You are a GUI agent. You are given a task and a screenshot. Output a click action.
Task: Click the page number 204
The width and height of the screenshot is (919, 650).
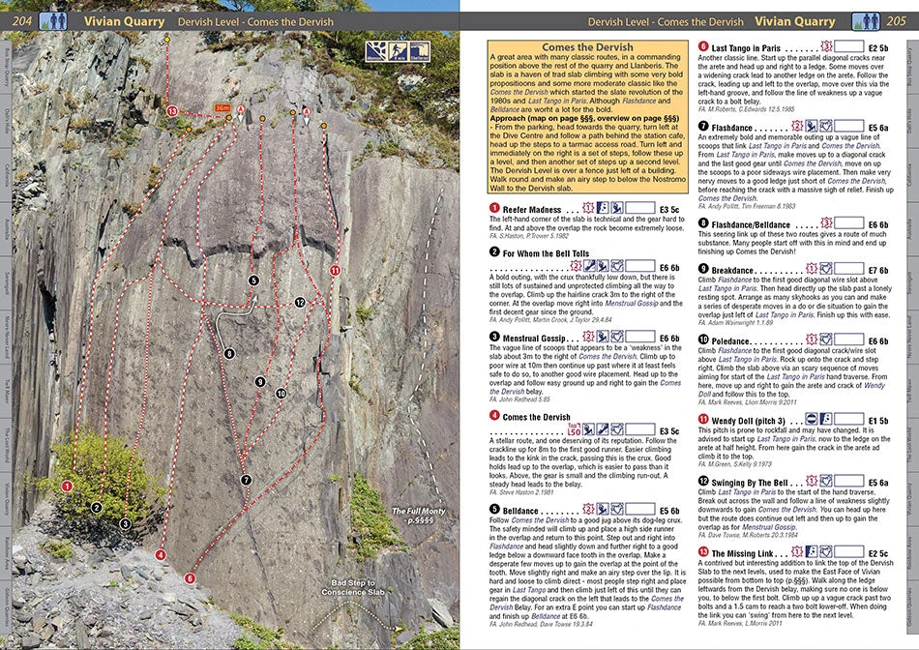point(21,19)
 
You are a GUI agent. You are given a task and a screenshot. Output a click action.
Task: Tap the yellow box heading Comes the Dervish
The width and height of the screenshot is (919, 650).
point(587,47)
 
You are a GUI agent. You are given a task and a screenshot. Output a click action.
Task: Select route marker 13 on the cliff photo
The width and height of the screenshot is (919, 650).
point(172,112)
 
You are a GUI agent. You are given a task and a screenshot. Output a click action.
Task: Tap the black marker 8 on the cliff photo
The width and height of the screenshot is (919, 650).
point(229,354)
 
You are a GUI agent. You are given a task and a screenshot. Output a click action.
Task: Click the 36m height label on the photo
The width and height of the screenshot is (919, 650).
point(223,108)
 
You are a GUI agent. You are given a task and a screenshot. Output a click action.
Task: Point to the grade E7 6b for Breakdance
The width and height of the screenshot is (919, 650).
point(878,269)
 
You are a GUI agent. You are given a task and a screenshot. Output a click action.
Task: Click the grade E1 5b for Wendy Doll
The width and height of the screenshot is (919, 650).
point(878,420)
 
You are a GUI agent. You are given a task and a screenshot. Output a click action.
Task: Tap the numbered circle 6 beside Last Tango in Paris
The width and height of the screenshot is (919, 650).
point(702,46)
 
